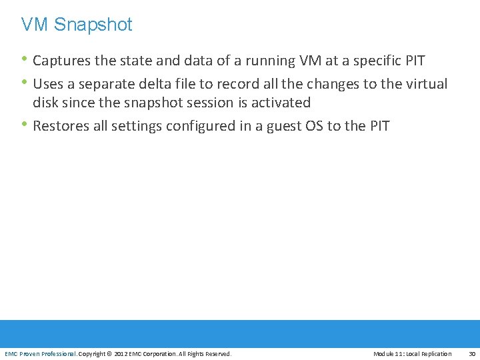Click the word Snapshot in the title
[93, 25]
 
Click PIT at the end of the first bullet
[415, 61]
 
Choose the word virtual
[425, 84]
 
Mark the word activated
[281, 103]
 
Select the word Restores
[61, 125]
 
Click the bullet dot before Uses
[25, 83]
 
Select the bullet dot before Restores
[25, 124]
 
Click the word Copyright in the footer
[93, 354]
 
